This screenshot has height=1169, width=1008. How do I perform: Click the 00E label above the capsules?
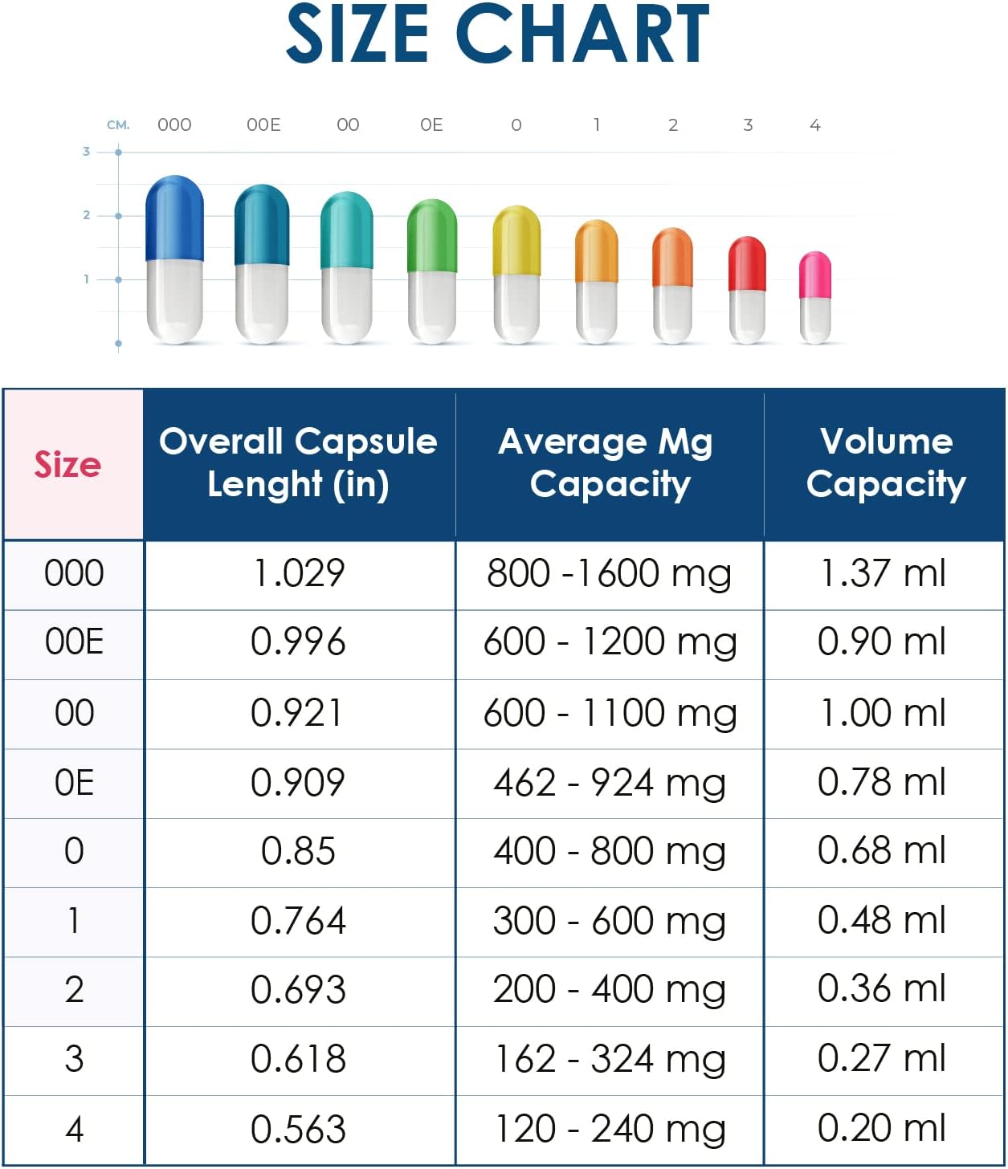pyautogui.click(x=263, y=125)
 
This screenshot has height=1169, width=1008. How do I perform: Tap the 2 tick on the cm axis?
pyautogui.click(x=88, y=215)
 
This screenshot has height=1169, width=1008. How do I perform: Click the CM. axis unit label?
pyautogui.click(x=118, y=125)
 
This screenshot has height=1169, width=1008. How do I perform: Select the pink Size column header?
pyautogui.click(x=69, y=464)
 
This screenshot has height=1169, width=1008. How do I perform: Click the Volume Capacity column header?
pyautogui.click(x=886, y=462)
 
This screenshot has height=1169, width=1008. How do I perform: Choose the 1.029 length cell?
pyautogui.click(x=299, y=573)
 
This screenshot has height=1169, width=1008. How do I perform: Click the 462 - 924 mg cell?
pyautogui.click(x=609, y=782)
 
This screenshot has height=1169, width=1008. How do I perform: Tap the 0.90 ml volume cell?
pyautogui.click(x=882, y=642)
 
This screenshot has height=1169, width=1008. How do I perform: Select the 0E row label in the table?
pyautogui.click(x=74, y=782)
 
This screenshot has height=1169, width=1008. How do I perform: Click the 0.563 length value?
pyautogui.click(x=298, y=1129)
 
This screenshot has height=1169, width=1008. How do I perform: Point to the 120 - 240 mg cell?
pyautogui.click(x=609, y=1129)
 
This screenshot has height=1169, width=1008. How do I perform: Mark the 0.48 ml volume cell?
pyautogui.click(x=882, y=920)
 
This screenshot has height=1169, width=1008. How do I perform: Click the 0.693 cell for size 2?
pyautogui.click(x=298, y=989)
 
